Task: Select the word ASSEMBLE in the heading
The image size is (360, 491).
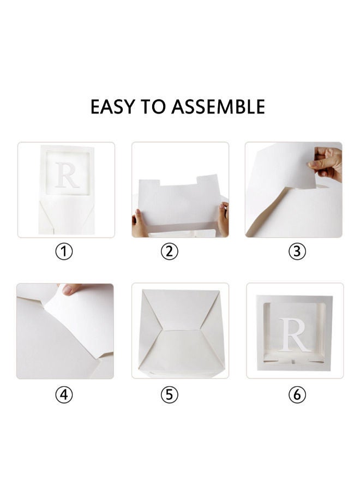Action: pyautogui.click(x=218, y=106)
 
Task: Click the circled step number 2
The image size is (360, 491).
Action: pyautogui.click(x=169, y=252)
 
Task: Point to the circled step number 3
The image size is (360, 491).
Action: pyautogui.click(x=297, y=252)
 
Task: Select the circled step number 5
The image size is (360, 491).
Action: pyautogui.click(x=169, y=395)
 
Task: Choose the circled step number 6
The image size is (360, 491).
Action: pyautogui.click(x=297, y=395)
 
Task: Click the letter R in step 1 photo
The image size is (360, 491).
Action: pyautogui.click(x=68, y=175)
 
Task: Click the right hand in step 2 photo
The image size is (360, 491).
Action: pyautogui.click(x=223, y=218)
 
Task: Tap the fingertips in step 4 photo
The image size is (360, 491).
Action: pyautogui.click(x=71, y=289)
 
